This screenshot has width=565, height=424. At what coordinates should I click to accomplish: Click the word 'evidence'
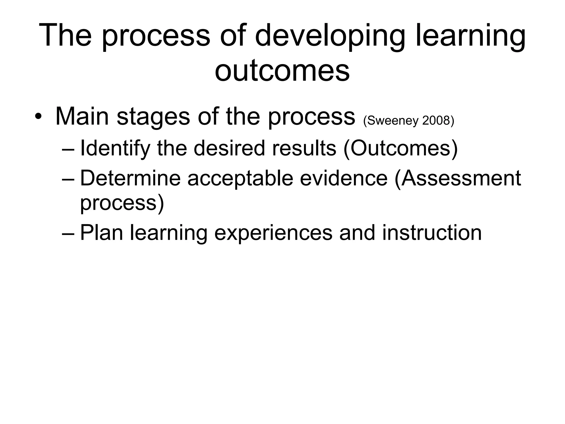[x=344, y=178]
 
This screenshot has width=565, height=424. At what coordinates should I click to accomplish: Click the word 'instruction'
[x=432, y=233]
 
